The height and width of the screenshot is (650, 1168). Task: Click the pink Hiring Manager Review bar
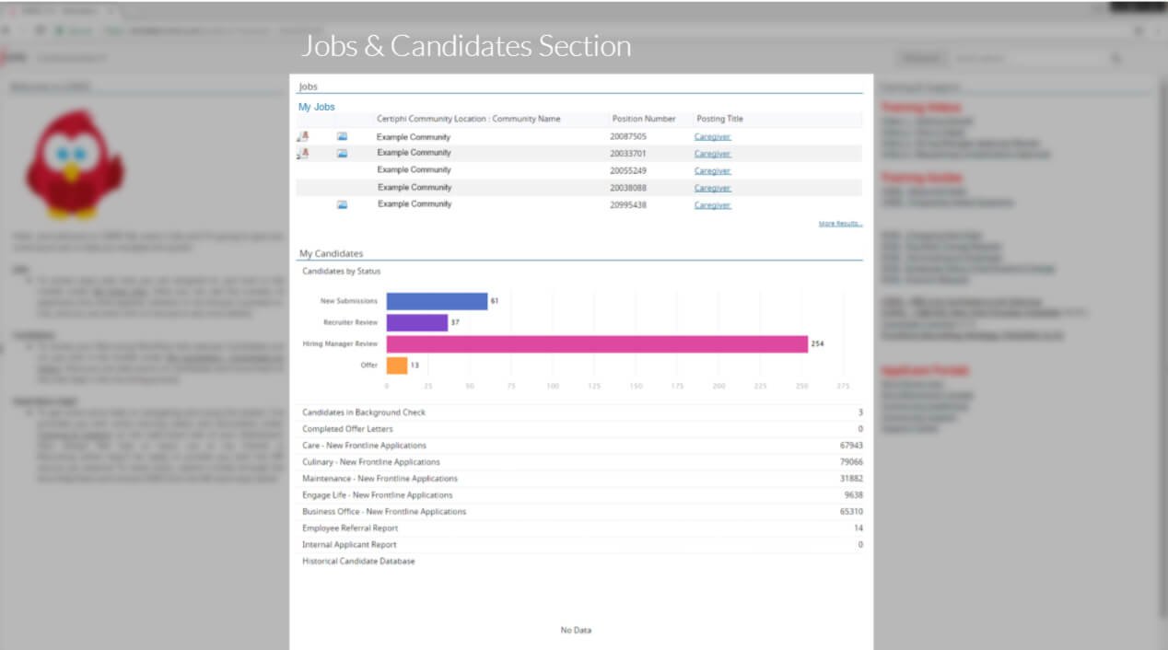point(597,344)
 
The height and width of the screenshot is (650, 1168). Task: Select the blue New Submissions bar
point(437,301)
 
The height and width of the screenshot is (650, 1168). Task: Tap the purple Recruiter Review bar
point(416,322)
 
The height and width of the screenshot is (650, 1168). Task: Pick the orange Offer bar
point(397,366)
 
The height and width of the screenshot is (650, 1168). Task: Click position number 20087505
point(628,136)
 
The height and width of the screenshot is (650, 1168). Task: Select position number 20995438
point(628,204)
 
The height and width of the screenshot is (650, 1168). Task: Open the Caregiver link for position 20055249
point(712,171)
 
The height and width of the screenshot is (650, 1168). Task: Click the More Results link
point(840,224)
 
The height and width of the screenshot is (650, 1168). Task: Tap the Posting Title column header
point(719,119)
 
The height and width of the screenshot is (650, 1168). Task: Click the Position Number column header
point(644,119)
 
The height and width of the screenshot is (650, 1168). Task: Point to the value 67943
point(851,446)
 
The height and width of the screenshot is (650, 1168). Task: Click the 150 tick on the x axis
point(636,386)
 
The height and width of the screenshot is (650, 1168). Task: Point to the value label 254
point(817,344)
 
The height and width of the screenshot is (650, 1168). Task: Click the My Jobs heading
point(317,107)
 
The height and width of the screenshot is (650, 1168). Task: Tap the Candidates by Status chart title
point(341,272)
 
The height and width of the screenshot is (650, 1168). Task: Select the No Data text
point(576,631)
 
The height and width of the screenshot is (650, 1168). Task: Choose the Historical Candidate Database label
point(358,561)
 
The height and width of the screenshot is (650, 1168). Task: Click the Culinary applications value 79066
point(851,462)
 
